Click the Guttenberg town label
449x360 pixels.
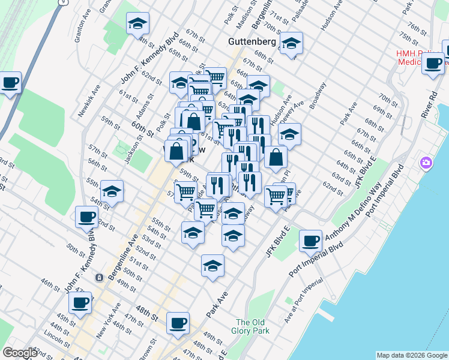pyautogui.click(x=252, y=42)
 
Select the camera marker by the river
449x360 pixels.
pyautogui.click(x=426, y=163)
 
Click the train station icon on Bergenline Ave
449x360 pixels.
pyautogui.click(x=99, y=278)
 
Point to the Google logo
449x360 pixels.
pyautogui.click(x=20, y=353)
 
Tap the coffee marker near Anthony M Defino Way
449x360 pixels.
pyautogui.click(x=311, y=241)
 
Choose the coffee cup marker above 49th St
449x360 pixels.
pyautogui.click(x=178, y=323)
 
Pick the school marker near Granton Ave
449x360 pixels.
pyautogui.click(x=137, y=24)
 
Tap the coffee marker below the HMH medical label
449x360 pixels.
pyautogui.click(x=433, y=64)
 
